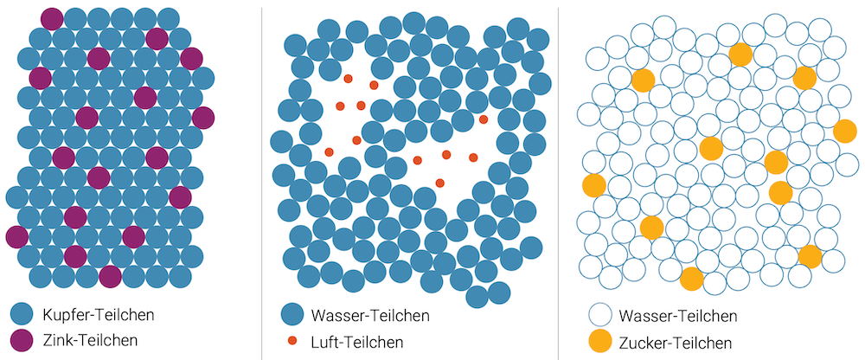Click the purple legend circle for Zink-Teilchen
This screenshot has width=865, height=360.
click(x=24, y=340)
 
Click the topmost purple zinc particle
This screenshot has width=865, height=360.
click(x=52, y=17)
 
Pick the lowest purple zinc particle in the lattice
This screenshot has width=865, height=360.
click(x=110, y=276)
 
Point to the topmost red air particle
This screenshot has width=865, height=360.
click(x=349, y=78)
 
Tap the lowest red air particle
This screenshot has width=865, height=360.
click(x=440, y=183)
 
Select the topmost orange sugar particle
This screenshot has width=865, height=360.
click(x=740, y=55)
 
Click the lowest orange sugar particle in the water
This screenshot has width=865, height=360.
click(x=691, y=279)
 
